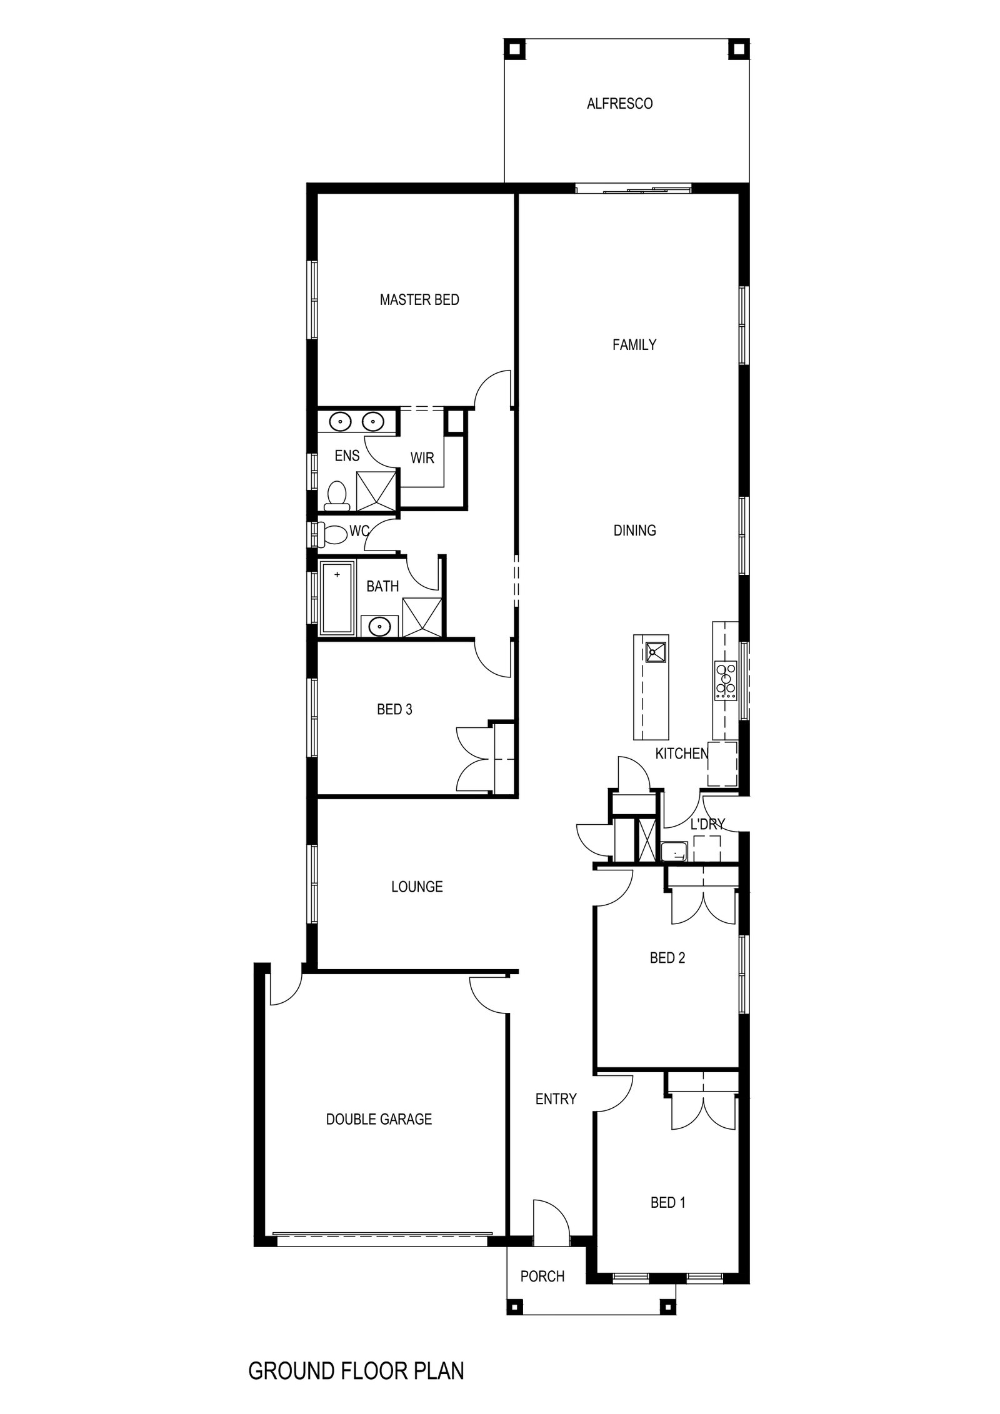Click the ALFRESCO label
pyautogui.click(x=619, y=104)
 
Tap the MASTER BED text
pyautogui.click(x=419, y=300)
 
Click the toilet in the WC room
pyautogui.click(x=333, y=535)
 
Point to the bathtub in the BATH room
pyautogui.click(x=337, y=598)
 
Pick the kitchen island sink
pyautogui.click(x=656, y=652)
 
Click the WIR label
pyautogui.click(x=422, y=458)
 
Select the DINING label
pyautogui.click(x=634, y=530)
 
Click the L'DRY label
pyautogui.click(x=707, y=824)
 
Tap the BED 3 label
pyautogui.click(x=394, y=710)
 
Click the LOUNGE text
pyautogui.click(x=417, y=887)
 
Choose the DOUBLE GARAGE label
pyautogui.click(x=379, y=1119)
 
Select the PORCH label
pyautogui.click(x=542, y=1277)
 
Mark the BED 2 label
pyautogui.click(x=667, y=958)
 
